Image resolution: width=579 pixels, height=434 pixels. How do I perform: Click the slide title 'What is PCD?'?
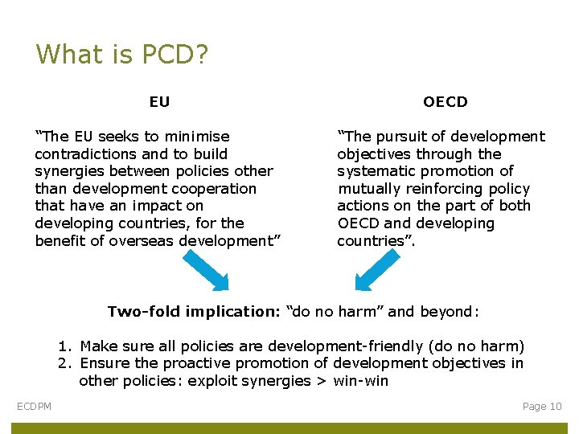(122, 55)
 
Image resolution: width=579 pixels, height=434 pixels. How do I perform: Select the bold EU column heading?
(159, 102)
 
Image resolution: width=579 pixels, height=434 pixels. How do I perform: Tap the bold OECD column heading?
(445, 102)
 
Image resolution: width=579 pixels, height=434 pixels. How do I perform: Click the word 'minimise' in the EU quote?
(197, 137)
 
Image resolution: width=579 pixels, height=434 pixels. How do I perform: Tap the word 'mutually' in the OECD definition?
(369, 189)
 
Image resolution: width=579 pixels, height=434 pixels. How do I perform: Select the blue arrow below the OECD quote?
(376, 269)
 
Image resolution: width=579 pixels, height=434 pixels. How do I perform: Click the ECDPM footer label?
(35, 407)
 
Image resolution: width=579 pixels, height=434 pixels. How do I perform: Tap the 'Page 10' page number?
(542, 407)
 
